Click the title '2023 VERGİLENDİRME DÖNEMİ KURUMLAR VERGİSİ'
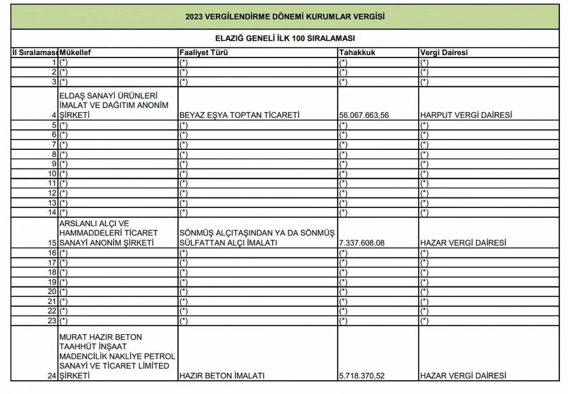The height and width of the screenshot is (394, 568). click(285, 17)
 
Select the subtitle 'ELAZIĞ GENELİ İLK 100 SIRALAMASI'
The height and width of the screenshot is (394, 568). click(285, 38)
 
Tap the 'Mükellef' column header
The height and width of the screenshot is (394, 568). click(75, 53)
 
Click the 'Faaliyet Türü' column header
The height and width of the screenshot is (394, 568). click(204, 53)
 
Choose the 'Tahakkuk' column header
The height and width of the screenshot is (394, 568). click(357, 53)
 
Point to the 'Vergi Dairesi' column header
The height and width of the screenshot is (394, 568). click(444, 53)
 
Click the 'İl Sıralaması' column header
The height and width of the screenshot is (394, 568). click(34, 53)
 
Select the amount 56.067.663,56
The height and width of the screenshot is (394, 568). click(364, 115)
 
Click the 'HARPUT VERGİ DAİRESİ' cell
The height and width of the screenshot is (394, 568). click(466, 115)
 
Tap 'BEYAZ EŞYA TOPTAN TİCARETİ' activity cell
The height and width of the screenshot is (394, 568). click(239, 115)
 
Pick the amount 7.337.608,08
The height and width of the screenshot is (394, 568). click(362, 243)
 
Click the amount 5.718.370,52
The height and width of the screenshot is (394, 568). click(362, 376)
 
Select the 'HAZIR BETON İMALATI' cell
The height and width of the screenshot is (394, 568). click(222, 376)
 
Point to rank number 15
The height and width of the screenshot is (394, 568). click(52, 243)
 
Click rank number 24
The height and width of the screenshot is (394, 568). click(52, 376)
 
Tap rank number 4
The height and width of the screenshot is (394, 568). click(54, 115)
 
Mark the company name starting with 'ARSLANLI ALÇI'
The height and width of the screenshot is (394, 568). click(108, 233)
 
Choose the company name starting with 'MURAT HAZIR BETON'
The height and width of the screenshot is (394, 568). click(117, 356)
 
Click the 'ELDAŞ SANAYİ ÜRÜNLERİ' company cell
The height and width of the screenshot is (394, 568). click(113, 105)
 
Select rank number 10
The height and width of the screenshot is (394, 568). click(52, 174)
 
